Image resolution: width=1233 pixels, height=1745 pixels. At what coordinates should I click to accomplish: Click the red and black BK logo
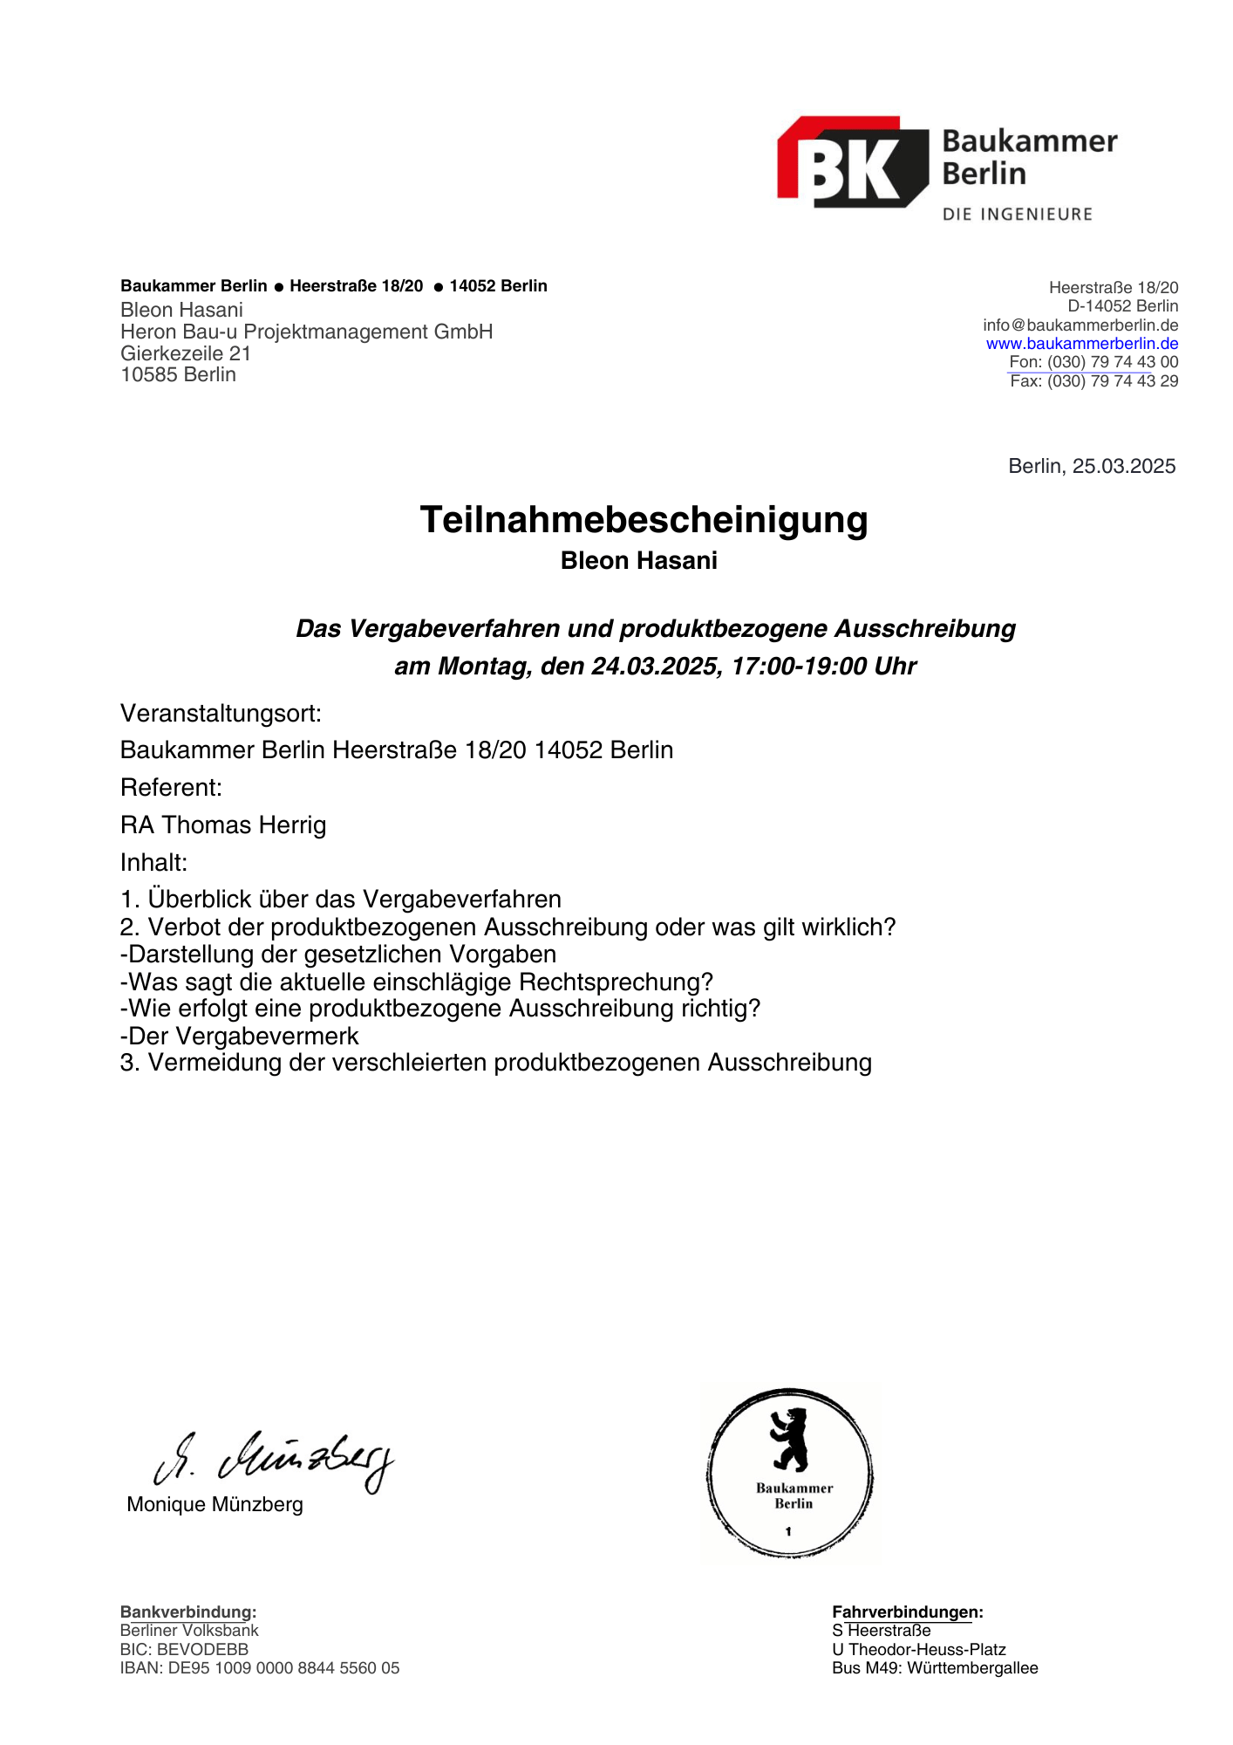coord(852,163)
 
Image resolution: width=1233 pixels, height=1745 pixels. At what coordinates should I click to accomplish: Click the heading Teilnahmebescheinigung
coord(644,520)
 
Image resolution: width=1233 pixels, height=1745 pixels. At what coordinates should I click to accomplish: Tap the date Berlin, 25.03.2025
coord(1092,466)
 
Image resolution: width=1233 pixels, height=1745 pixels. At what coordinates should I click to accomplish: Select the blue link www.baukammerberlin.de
coord(1082,344)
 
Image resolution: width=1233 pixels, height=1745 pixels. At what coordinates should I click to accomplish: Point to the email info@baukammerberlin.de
coord(1080,325)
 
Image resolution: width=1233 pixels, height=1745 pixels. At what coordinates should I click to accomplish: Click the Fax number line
coord(1093,381)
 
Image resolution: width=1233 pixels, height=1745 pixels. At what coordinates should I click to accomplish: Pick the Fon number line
coord(1093,362)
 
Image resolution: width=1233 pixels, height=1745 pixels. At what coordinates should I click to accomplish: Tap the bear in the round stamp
coord(790,1440)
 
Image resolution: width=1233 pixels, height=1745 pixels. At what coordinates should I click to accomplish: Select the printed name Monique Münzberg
coord(215,1504)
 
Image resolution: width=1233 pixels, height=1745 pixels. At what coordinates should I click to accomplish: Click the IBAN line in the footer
coord(259,1668)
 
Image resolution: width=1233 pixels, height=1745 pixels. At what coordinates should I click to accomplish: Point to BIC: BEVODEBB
coord(184,1649)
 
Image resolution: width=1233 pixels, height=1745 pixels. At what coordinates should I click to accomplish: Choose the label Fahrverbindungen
coord(907,1612)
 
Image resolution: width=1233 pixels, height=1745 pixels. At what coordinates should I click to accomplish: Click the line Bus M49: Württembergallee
coord(935,1668)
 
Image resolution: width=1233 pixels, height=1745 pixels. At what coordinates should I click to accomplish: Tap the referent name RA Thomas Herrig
coord(223,825)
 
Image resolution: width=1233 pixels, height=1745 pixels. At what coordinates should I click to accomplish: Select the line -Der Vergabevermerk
coord(239,1036)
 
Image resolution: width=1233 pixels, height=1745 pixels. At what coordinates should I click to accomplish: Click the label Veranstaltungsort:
coord(221,714)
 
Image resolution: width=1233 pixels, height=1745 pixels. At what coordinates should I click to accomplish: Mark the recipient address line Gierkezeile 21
coord(186,353)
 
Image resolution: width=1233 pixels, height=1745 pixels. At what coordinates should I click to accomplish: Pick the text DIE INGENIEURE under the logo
coord(1017,215)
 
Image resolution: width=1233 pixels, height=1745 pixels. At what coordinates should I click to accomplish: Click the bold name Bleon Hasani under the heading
coord(638,561)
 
